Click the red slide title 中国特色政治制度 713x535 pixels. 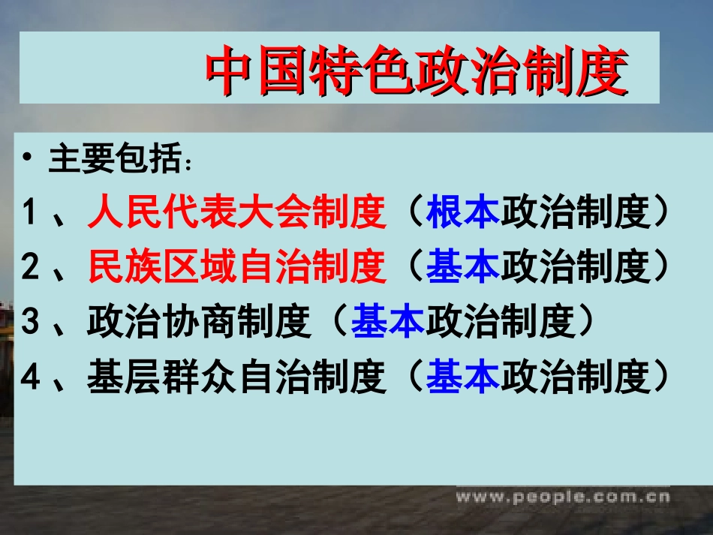(x=417, y=71)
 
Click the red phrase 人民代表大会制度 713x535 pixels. (x=237, y=214)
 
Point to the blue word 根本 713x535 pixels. (x=463, y=214)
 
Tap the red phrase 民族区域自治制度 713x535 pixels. (x=237, y=269)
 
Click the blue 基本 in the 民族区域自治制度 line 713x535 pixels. (x=463, y=269)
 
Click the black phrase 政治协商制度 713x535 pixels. (x=200, y=323)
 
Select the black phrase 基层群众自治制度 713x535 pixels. (x=237, y=377)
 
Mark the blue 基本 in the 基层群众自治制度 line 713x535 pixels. (x=463, y=377)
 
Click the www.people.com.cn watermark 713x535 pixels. (x=563, y=496)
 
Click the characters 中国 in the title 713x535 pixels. (x=256, y=71)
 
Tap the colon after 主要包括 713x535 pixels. (x=192, y=163)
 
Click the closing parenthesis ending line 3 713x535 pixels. (x=593, y=323)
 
